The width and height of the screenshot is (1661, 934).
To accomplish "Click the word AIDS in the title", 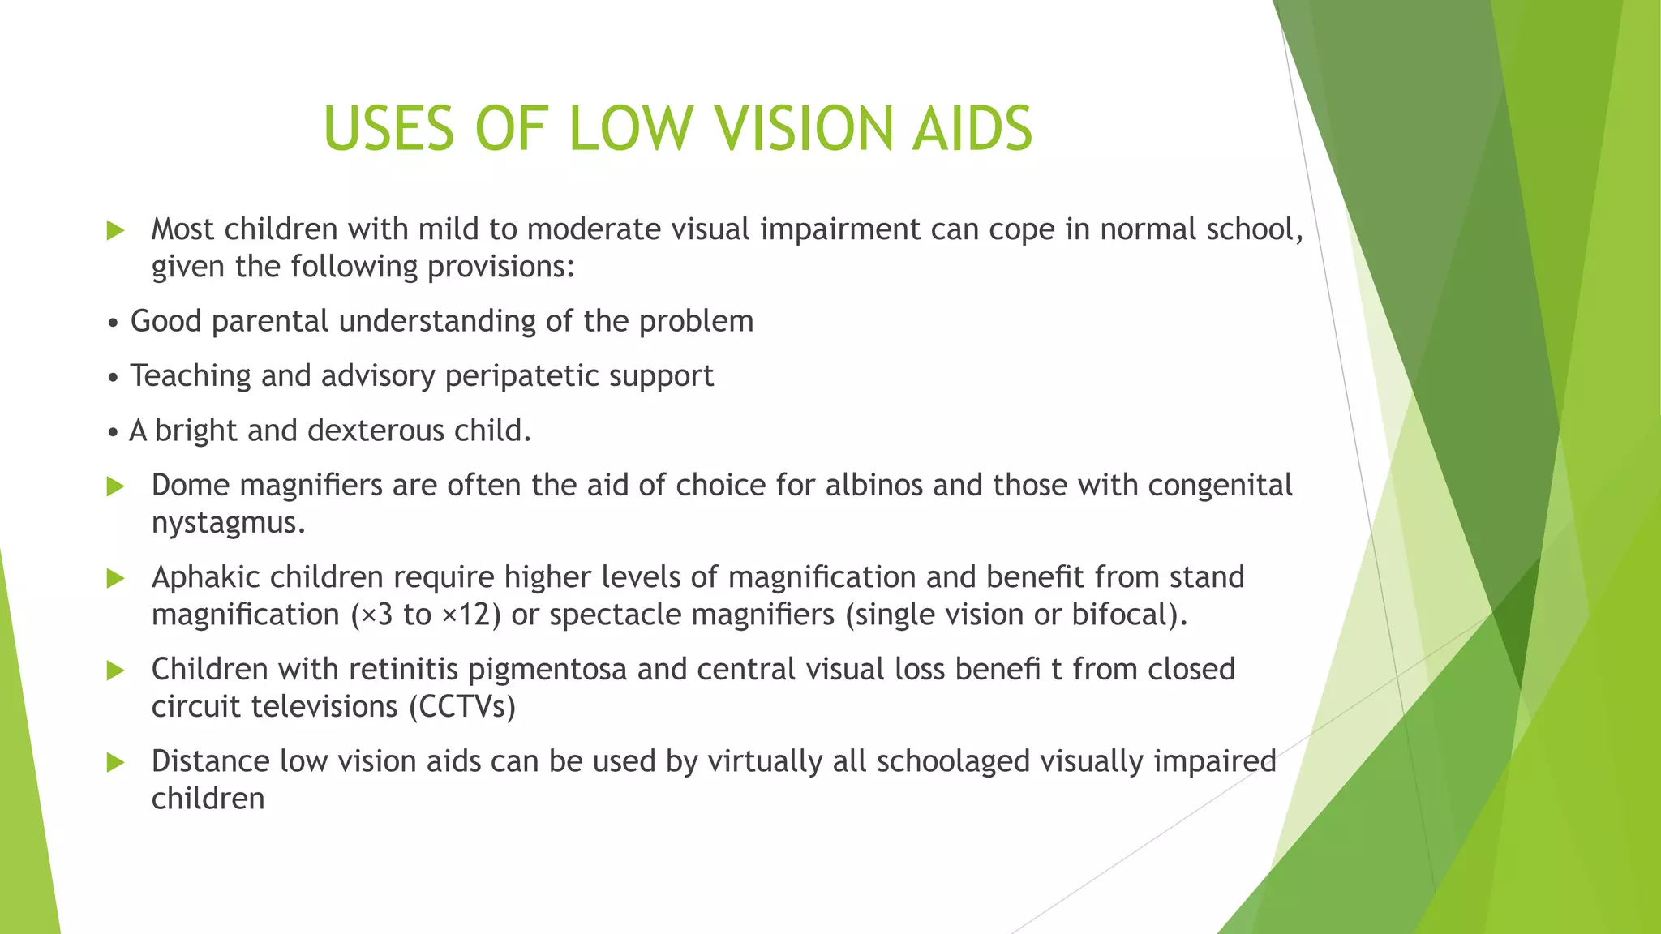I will (x=972, y=128).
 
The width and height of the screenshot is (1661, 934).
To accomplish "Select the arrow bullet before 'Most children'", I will (x=115, y=230).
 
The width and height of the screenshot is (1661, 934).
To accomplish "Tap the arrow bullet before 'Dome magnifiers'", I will (x=115, y=486).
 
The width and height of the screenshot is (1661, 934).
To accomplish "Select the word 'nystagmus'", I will (x=227, y=524).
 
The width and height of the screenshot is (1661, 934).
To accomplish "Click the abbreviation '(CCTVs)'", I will (x=462, y=707).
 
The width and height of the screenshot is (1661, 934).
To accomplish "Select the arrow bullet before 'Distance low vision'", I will (x=115, y=762).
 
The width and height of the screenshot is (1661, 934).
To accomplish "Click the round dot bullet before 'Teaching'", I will (x=113, y=378).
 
